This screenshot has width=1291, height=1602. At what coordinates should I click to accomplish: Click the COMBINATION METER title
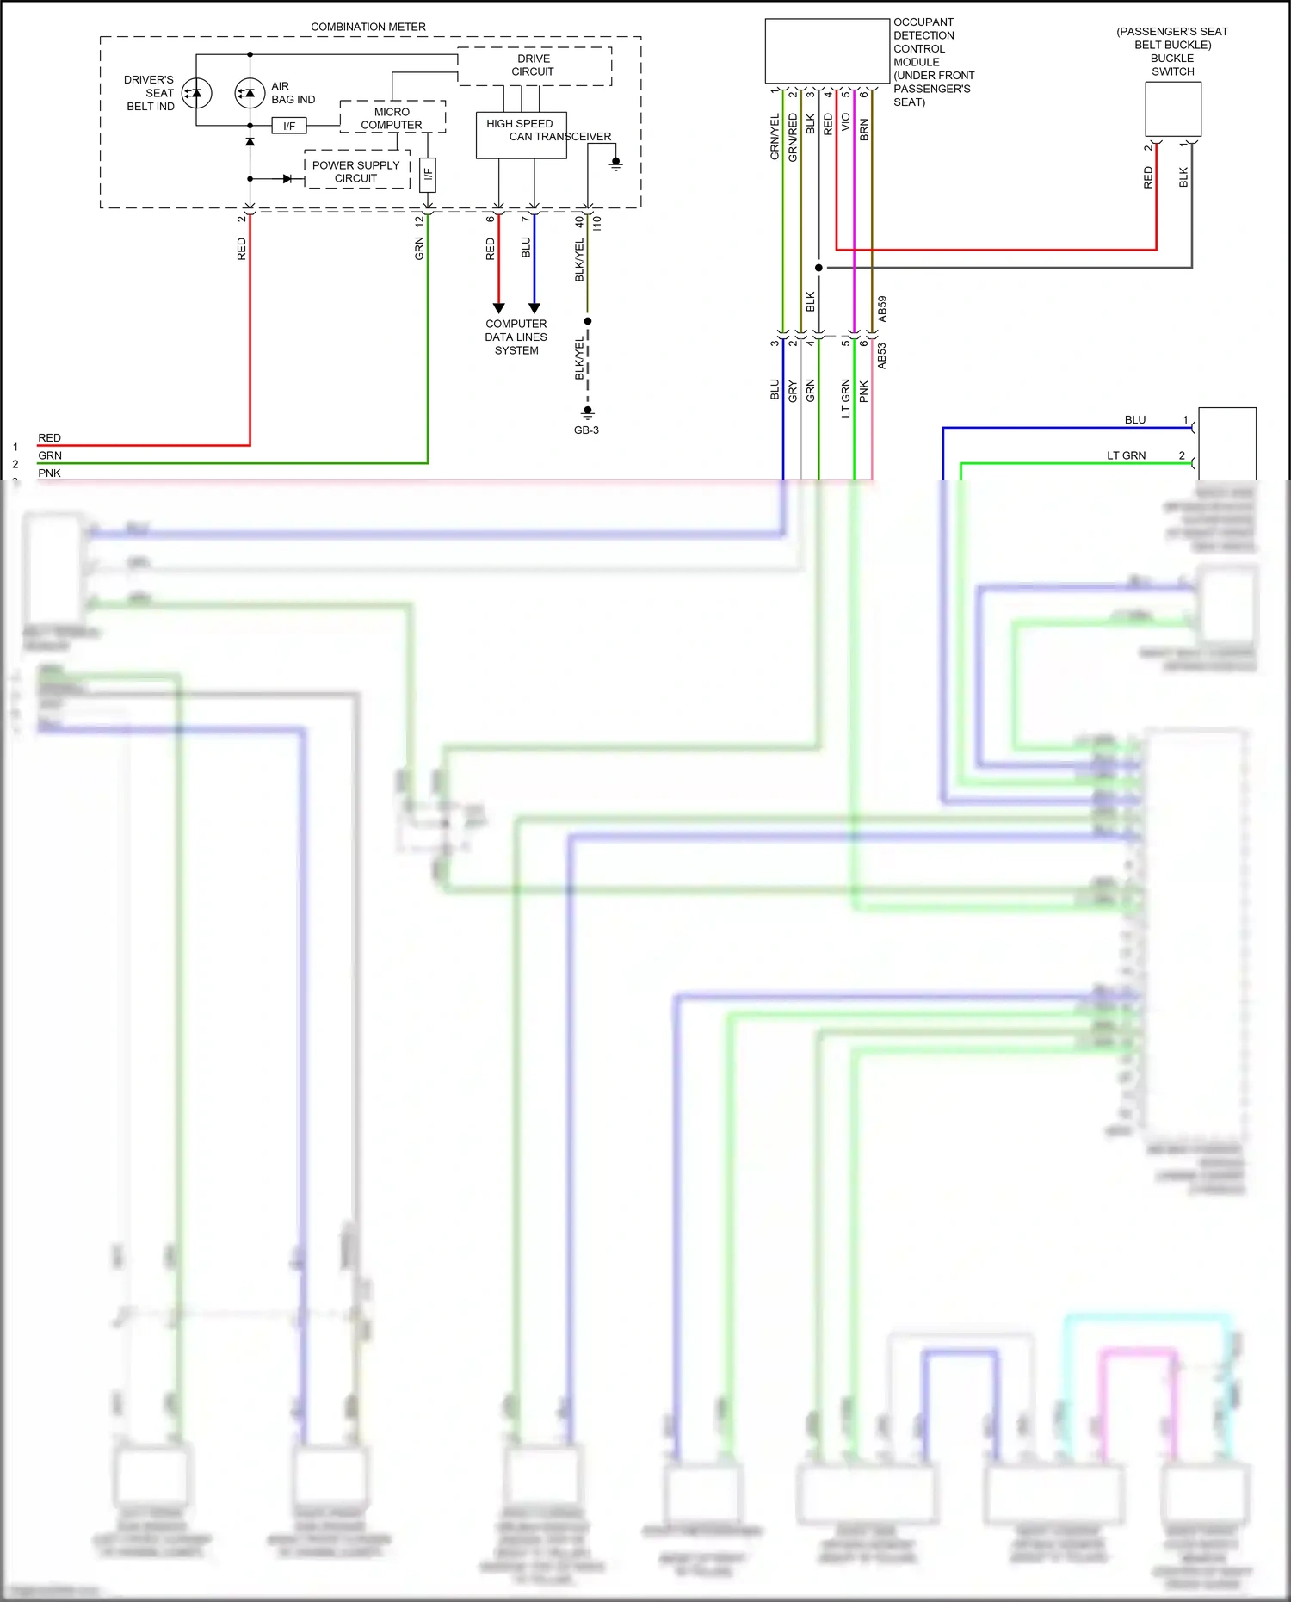pyautogui.click(x=368, y=27)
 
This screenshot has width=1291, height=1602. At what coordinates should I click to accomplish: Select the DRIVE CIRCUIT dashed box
pyautogui.click(x=534, y=66)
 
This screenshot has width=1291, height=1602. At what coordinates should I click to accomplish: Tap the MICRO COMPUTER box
pyautogui.click(x=392, y=118)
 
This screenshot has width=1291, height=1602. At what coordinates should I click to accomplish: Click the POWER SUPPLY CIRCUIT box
pyautogui.click(x=355, y=171)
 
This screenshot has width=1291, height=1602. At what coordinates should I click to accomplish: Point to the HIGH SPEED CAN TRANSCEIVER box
pyautogui.click(x=521, y=135)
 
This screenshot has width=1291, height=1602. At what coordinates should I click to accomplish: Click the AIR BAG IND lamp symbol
pyautogui.click(x=250, y=93)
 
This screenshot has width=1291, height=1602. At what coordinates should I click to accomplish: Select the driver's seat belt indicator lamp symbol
pyautogui.click(x=196, y=93)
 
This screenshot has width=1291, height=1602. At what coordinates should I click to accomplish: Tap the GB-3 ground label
pyautogui.click(x=586, y=430)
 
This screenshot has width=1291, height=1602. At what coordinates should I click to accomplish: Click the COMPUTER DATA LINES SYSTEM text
pyautogui.click(x=516, y=337)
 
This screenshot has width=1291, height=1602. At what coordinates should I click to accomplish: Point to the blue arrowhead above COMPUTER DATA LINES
pyautogui.click(x=534, y=307)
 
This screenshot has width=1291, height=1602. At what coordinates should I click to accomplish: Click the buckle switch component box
pyautogui.click(x=1173, y=108)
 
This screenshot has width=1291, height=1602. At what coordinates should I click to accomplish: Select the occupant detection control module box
pyautogui.click(x=827, y=52)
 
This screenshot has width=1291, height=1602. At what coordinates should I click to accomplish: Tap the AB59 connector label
pyautogui.click(x=882, y=309)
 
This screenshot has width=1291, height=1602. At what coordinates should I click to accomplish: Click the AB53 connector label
pyautogui.click(x=882, y=356)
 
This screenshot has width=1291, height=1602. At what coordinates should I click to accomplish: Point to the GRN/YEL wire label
pyautogui.click(x=775, y=136)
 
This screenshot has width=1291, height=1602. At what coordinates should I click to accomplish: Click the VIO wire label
pyautogui.click(x=845, y=122)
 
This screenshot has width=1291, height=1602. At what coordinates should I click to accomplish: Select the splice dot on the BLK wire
pyautogui.click(x=818, y=268)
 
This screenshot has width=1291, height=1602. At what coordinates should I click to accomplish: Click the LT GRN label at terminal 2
pyautogui.click(x=1126, y=455)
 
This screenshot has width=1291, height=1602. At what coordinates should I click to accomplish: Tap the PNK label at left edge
pyautogui.click(x=49, y=473)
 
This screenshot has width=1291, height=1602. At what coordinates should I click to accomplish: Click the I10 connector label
pyautogui.click(x=596, y=223)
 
